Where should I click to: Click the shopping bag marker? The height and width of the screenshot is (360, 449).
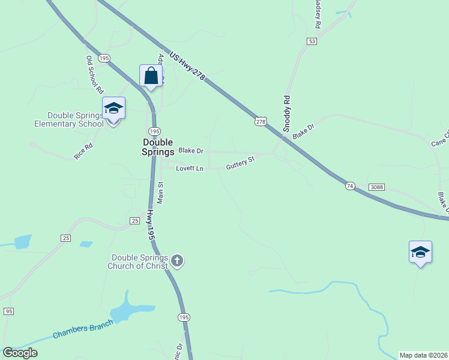click(151, 76)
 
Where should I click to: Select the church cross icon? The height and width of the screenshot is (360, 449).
click(176, 260)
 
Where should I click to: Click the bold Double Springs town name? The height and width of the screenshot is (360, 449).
click(158, 147)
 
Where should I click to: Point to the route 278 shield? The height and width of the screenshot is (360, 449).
click(260, 121)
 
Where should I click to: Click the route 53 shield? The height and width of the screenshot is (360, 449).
click(311, 41)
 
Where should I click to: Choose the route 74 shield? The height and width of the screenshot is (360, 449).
click(350, 187)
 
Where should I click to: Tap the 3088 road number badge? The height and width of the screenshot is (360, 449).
click(376, 187)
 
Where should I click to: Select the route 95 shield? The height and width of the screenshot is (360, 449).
click(8, 311)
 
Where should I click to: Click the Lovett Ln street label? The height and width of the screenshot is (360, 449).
click(190, 169)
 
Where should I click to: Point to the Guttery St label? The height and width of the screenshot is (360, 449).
click(240, 163)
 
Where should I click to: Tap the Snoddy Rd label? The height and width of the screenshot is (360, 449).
click(287, 113)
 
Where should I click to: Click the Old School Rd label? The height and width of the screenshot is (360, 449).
click(95, 75)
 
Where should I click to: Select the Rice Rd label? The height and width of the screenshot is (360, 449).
click(83, 151)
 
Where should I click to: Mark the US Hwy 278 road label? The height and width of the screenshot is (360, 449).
click(187, 67)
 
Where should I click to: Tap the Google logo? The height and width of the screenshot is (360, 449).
click(20, 353)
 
